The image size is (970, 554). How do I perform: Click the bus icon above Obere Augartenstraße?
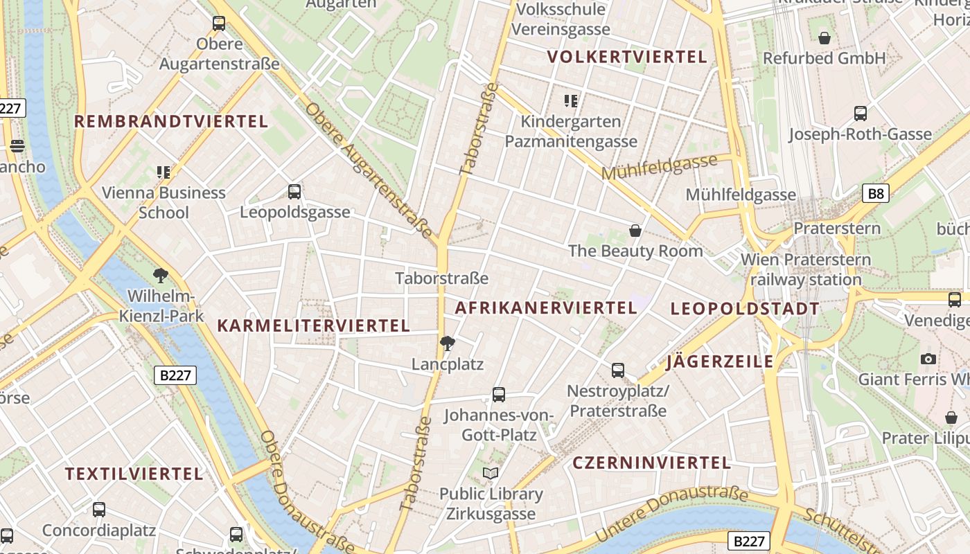pos(219,24)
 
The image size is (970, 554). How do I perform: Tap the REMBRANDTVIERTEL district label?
pos(170,122)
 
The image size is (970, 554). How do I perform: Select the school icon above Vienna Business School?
pos(164,172)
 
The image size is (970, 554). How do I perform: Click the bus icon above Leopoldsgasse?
pos(294,192)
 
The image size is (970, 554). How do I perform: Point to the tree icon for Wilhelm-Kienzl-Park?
pos(161,276)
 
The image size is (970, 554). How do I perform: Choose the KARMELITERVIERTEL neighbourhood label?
pos(314,325)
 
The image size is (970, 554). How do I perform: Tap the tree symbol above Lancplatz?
pos(448,343)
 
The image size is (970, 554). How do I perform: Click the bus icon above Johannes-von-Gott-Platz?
pos(499,395)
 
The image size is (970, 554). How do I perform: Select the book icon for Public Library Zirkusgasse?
pos(491,473)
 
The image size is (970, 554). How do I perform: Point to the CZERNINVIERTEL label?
pos(651,463)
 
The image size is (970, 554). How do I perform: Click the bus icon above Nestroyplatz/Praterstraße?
pos(618,370)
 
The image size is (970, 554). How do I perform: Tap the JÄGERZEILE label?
pos(719,361)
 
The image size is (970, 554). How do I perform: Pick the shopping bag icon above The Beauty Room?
pos(635,231)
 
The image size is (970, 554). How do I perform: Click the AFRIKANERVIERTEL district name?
pos(545,307)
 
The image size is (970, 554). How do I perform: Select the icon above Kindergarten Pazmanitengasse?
pos(571,101)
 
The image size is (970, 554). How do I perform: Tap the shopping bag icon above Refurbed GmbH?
pos(824,37)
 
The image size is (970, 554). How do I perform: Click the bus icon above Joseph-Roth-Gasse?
pos(861,114)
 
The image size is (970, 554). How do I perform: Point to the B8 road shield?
pos(876,193)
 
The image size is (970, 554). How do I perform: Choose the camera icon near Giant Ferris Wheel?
pos(928,359)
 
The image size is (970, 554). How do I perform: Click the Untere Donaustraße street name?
pos(671,514)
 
